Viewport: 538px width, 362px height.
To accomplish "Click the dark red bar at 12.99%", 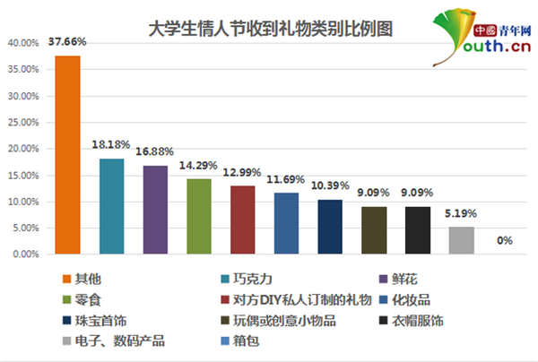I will tap(243, 220).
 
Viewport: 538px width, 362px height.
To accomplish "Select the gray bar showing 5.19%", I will tap(462, 240).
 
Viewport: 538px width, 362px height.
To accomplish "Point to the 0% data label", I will tap(505, 240).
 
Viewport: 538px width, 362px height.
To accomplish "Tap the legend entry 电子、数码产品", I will tap(114, 340).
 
